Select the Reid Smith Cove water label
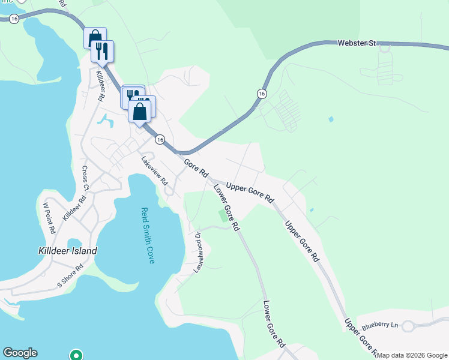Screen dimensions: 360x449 [148, 235]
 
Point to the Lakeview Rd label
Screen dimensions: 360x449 [154, 170]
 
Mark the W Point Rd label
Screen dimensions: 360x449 [49, 217]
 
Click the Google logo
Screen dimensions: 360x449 [20, 353]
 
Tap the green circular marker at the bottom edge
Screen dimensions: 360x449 [76, 355]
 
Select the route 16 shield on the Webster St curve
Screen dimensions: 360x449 [262, 94]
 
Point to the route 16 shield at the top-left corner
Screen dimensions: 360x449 [14, 19]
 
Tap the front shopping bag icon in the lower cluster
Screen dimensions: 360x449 [139, 111]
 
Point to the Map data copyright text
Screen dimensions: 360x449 [412, 355]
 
